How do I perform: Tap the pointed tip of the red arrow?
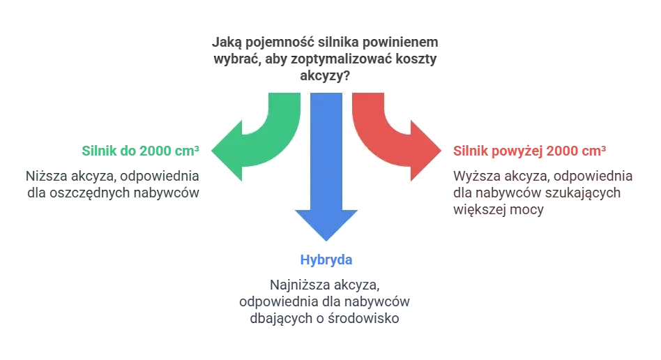[441, 149]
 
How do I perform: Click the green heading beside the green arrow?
[142, 150]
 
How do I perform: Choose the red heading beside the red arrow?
[529, 150]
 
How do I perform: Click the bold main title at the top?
[327, 43]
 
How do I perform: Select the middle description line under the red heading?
[534, 193]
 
